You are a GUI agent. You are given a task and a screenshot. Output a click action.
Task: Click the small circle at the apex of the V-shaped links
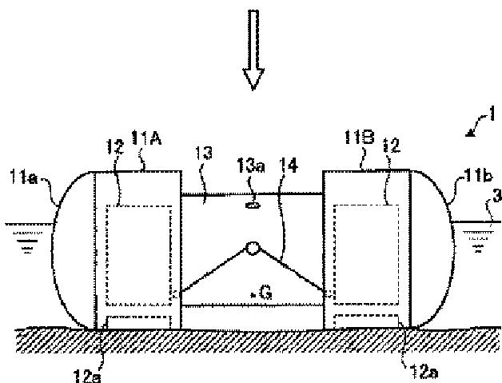tap(253, 249)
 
